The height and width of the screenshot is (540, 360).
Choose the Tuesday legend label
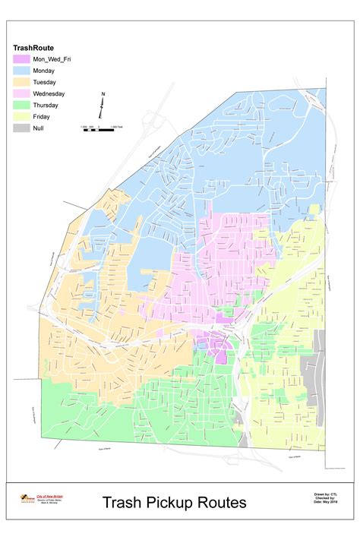[45, 81]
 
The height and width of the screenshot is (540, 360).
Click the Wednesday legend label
[49, 93]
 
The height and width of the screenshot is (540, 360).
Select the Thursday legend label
[46, 105]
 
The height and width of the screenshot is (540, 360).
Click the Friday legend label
[43, 116]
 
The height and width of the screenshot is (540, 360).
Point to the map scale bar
[102, 130]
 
